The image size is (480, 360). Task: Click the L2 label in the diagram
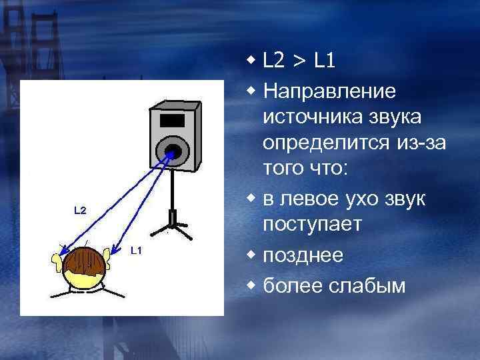(79, 211)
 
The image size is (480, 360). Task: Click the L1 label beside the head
(135, 250)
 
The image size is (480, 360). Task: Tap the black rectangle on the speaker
(172, 121)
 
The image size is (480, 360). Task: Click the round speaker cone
(173, 151)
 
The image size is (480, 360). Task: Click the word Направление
(330, 89)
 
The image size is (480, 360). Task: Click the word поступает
(313, 225)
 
